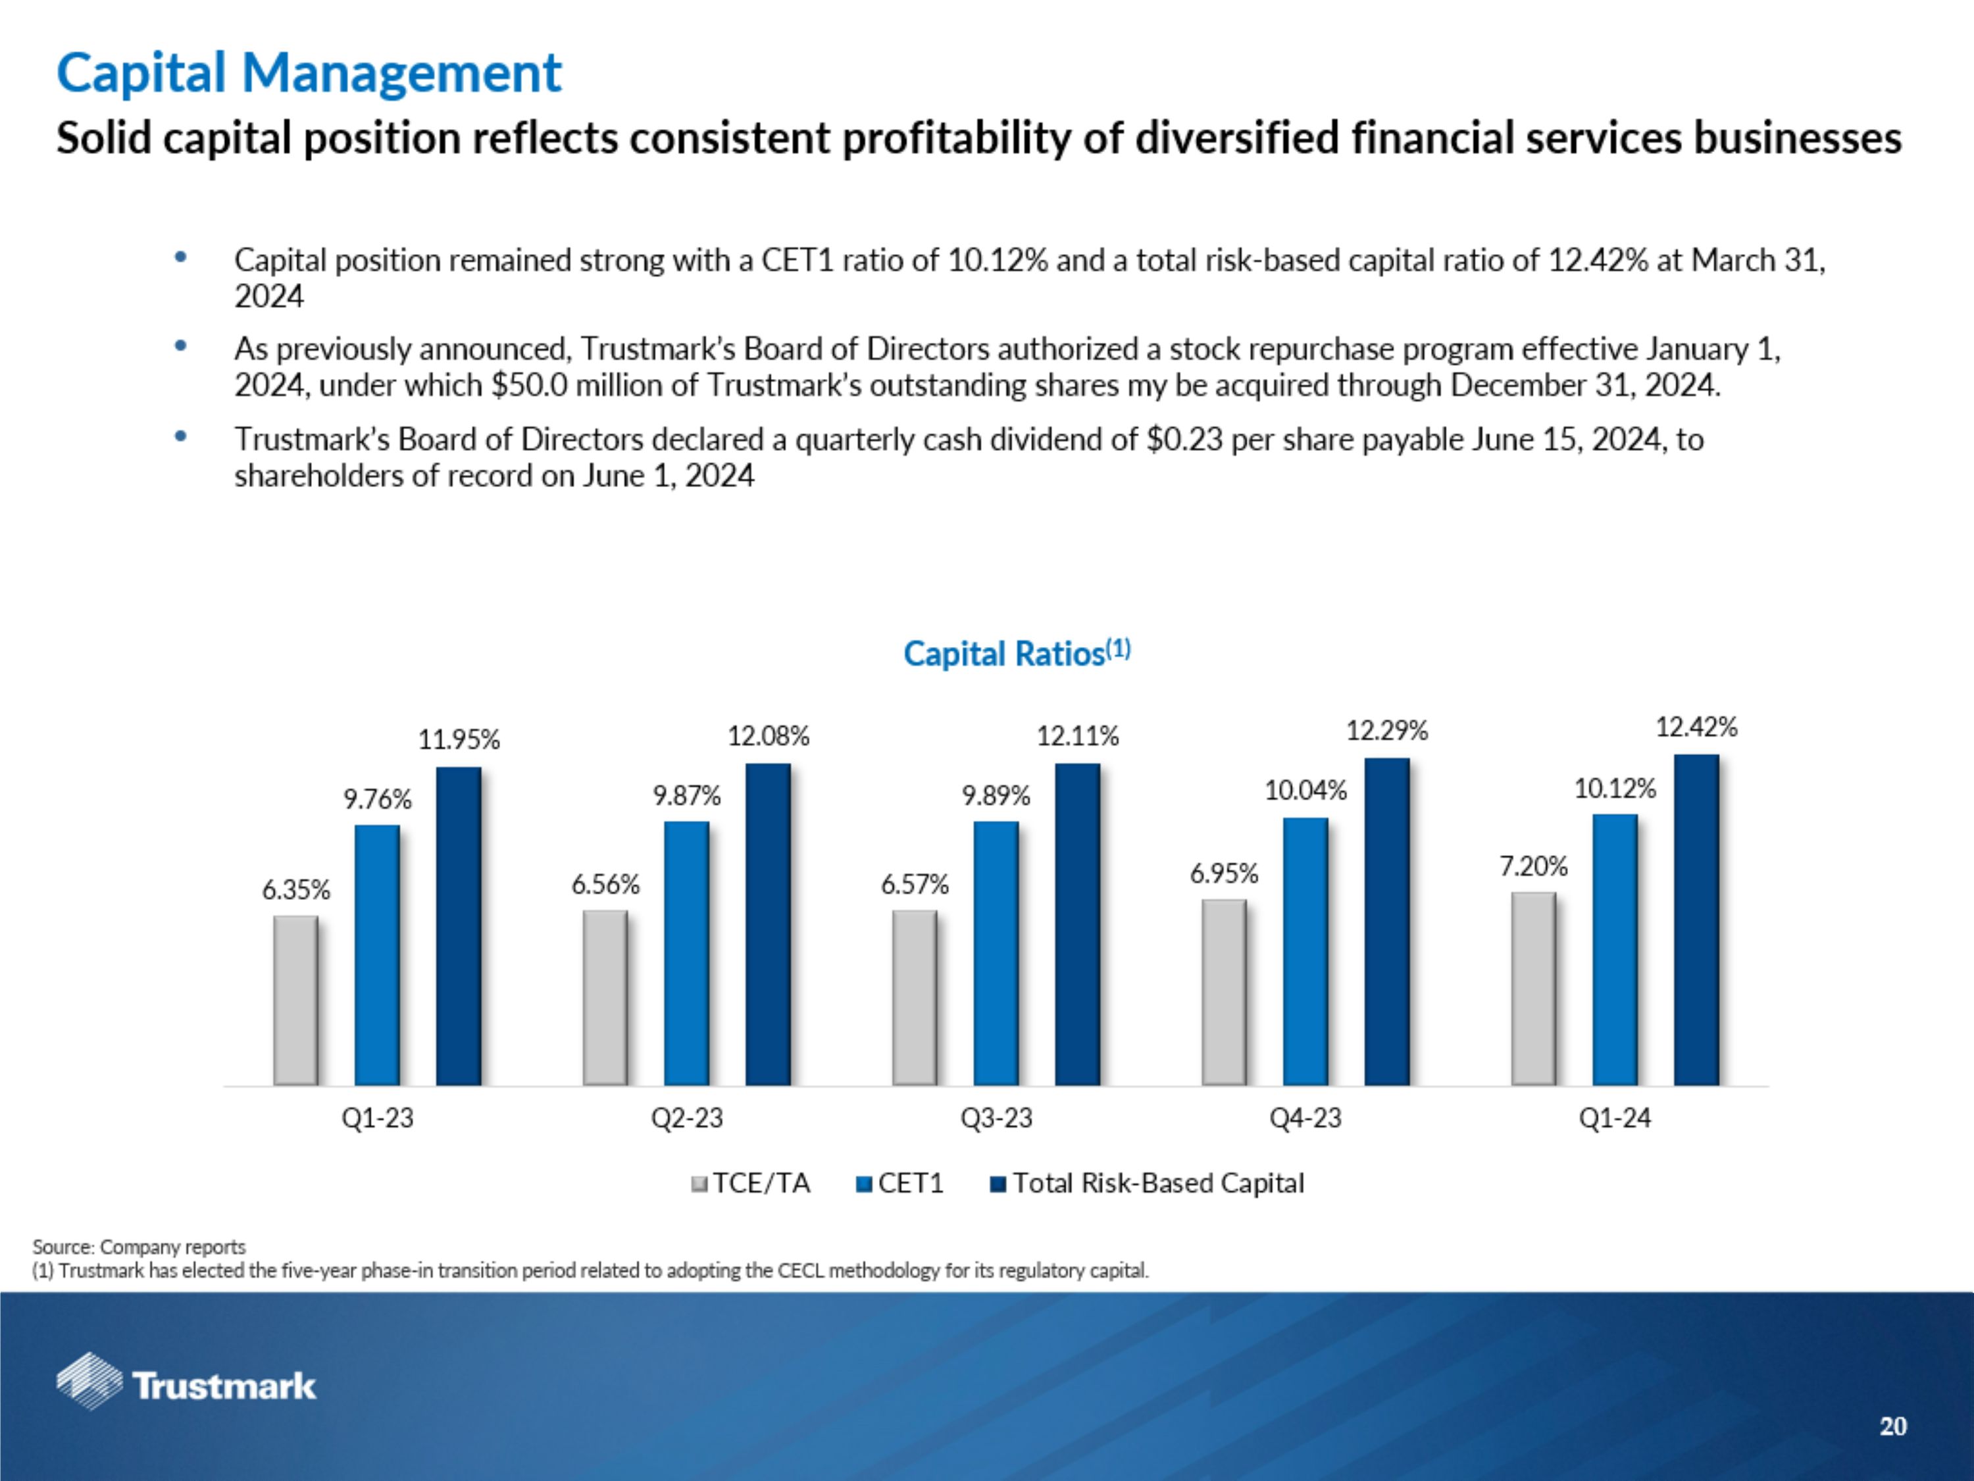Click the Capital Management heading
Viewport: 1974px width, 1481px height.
[x=309, y=73]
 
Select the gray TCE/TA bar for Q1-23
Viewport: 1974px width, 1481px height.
[x=295, y=1000]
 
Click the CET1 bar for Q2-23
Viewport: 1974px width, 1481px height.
[x=686, y=952]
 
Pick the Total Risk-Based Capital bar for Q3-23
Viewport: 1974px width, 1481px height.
[x=1077, y=924]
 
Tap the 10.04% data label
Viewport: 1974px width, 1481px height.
[x=1305, y=790]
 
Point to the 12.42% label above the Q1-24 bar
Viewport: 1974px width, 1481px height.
[x=1696, y=727]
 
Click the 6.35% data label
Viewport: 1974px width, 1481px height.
[x=295, y=889]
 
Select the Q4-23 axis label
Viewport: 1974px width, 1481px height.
[x=1305, y=1118]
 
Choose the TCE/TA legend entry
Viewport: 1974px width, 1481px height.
[x=751, y=1183]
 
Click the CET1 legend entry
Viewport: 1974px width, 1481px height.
[x=900, y=1183]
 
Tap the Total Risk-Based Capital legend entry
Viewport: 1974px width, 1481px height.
[x=1148, y=1183]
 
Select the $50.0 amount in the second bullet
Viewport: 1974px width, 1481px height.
[x=528, y=386]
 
